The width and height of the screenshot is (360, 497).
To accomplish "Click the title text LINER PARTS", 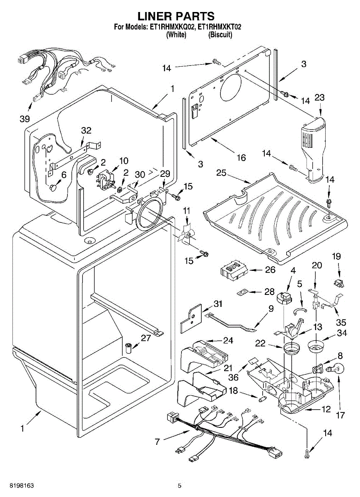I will tap(176, 16).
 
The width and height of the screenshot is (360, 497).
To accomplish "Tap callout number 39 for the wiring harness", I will tap(25, 119).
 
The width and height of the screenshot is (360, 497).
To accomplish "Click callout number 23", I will tap(319, 98).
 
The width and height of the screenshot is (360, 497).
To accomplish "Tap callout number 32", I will tap(86, 130).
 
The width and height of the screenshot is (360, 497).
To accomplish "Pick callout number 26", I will tap(270, 270).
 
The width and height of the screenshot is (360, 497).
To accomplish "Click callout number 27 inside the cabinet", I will tap(145, 338).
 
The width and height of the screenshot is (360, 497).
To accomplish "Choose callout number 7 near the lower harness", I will tap(157, 442).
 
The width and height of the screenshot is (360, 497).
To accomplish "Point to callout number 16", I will tap(241, 157).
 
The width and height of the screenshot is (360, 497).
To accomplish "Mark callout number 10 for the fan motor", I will tap(124, 161).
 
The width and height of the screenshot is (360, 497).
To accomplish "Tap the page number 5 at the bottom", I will tap(180, 485).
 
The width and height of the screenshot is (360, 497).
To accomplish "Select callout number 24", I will tap(228, 340).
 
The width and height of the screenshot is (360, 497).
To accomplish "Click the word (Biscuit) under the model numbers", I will tap(220, 35).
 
